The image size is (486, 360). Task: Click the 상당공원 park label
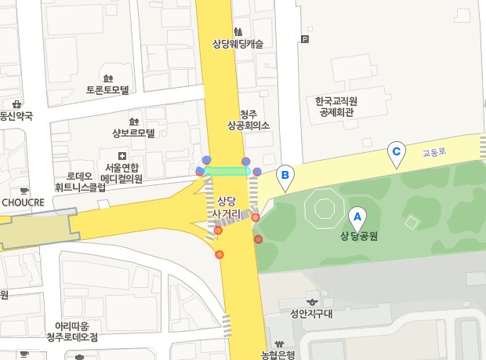(359, 236)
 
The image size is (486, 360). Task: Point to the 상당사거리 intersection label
(227, 207)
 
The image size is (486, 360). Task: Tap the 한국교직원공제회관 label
(336, 107)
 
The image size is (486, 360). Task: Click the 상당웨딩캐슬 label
(238, 45)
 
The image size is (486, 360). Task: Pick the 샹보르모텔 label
(134, 133)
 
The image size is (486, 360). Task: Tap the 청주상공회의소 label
(248, 119)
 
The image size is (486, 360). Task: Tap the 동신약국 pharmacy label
(16, 115)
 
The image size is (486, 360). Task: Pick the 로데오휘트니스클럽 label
(80, 182)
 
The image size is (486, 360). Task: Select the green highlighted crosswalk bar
(227, 170)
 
